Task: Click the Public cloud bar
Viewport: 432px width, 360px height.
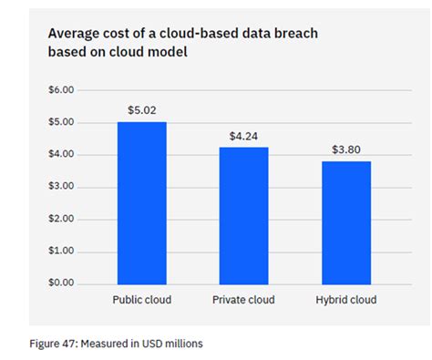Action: pyautogui.click(x=141, y=202)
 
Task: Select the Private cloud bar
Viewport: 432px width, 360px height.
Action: pyautogui.click(x=243, y=215)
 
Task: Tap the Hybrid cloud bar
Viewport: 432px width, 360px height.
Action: pyautogui.click(x=345, y=222)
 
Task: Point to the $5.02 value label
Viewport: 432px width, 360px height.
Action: pyautogui.click(x=141, y=110)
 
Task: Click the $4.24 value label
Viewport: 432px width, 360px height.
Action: pyautogui.click(x=243, y=136)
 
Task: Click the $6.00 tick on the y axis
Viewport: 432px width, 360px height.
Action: pyautogui.click(x=61, y=90)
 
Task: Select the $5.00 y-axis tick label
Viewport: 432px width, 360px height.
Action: pyautogui.click(x=61, y=122)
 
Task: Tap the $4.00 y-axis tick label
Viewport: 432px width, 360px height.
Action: pyautogui.click(x=61, y=154)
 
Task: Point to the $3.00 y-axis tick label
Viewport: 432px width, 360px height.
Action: pyautogui.click(x=61, y=186)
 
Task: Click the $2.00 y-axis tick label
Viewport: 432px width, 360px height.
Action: pyautogui.click(x=61, y=219)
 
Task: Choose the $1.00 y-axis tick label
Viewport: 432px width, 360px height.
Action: pyautogui.click(x=61, y=251)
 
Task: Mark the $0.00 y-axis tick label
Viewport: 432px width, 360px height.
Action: pyautogui.click(x=61, y=283)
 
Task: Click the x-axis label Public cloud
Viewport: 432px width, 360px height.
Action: pyautogui.click(x=141, y=300)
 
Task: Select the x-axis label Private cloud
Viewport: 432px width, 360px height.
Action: pyautogui.click(x=243, y=300)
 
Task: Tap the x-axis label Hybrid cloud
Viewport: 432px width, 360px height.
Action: pyautogui.click(x=345, y=300)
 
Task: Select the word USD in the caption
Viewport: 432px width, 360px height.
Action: pyautogui.click(x=156, y=344)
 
